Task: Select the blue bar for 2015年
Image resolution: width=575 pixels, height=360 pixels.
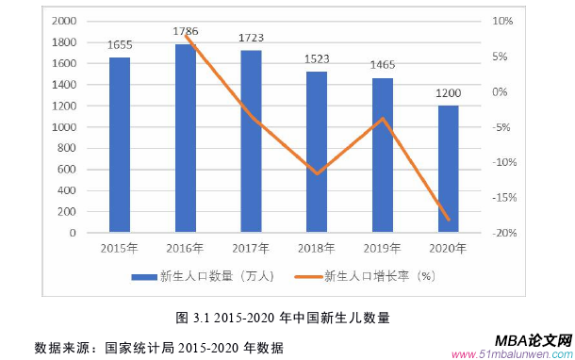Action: point(120,144)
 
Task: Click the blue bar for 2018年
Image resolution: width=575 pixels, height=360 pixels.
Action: point(318,151)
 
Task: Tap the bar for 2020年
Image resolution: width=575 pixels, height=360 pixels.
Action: point(449,169)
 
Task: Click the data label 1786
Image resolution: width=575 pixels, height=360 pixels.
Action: point(186,31)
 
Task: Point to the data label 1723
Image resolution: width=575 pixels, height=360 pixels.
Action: point(252,39)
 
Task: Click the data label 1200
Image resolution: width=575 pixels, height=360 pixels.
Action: point(449,93)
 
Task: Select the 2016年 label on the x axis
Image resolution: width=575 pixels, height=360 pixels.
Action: point(186,249)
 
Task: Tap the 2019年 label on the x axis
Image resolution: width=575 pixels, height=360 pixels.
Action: point(383,249)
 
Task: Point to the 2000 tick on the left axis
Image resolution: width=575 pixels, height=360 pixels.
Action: point(64,21)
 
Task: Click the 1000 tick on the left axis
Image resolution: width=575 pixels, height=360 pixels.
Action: point(64,127)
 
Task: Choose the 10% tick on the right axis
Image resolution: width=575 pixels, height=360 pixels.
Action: point(503,21)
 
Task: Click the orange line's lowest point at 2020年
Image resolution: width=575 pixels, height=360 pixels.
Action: point(449,221)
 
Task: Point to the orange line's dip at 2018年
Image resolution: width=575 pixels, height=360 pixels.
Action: point(318,173)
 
